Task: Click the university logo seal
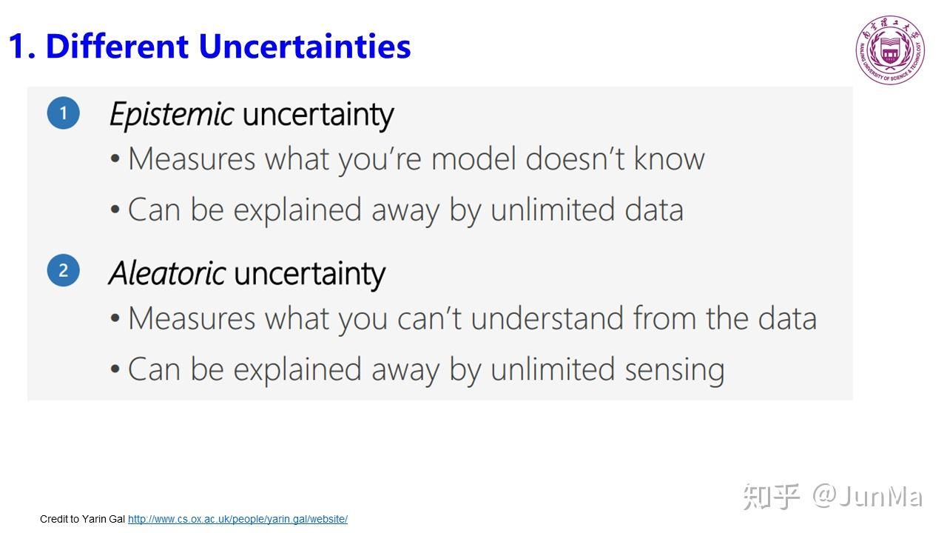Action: click(x=890, y=50)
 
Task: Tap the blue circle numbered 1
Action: click(x=64, y=113)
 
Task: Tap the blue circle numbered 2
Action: click(x=64, y=270)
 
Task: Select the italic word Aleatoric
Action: click(x=167, y=273)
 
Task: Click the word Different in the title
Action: click(x=117, y=46)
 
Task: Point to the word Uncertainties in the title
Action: click(x=305, y=46)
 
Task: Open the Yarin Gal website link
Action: click(x=237, y=519)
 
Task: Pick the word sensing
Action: click(x=675, y=369)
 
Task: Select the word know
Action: click(x=669, y=158)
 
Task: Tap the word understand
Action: click(x=547, y=318)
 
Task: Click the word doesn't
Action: click(x=575, y=158)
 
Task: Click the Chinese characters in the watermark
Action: click(x=772, y=496)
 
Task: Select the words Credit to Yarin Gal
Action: click(x=82, y=519)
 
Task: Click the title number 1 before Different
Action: click(x=21, y=46)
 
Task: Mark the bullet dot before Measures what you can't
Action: click(x=115, y=318)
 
